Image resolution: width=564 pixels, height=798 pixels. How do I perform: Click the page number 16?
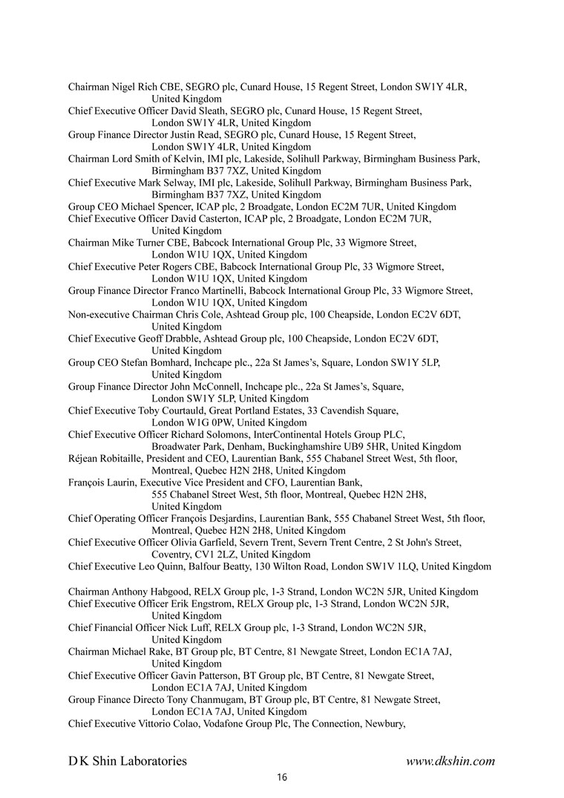click(282, 778)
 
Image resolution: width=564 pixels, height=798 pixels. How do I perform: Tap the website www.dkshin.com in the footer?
click(450, 761)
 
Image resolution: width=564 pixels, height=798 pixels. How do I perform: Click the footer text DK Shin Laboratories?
click(128, 761)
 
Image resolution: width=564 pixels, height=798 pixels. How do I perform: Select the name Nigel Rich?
click(133, 87)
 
